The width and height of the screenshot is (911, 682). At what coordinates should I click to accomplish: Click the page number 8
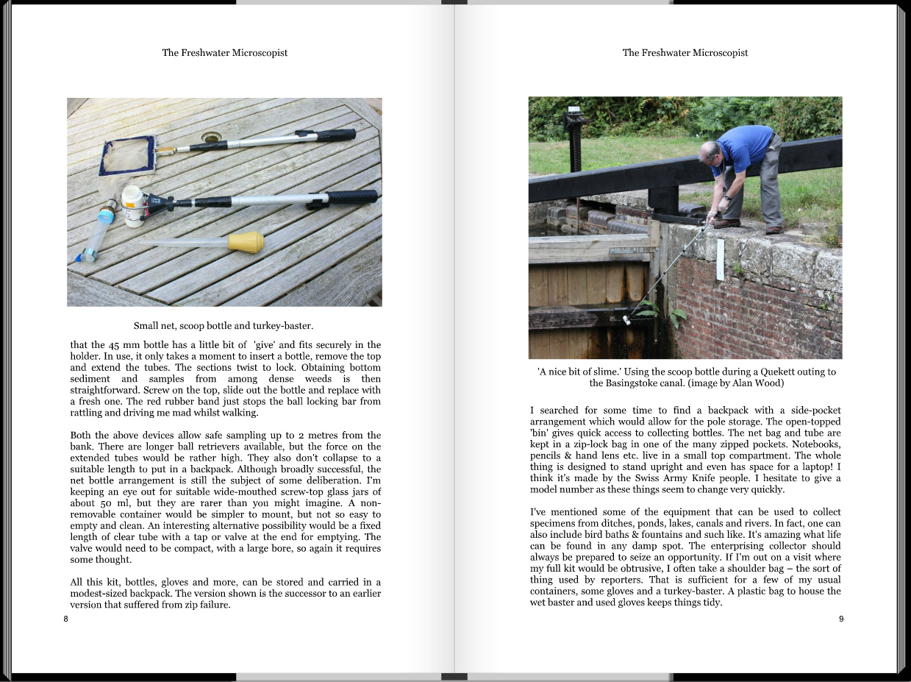(x=65, y=619)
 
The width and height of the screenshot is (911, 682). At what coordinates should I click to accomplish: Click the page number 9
(x=841, y=619)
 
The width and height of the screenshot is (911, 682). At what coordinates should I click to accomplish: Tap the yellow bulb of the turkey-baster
(x=246, y=242)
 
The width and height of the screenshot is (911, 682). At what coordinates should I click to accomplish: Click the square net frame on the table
(x=129, y=156)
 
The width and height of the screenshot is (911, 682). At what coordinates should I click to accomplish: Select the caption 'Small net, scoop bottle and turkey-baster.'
(x=224, y=325)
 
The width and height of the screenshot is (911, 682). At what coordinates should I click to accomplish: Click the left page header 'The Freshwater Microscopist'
(x=224, y=53)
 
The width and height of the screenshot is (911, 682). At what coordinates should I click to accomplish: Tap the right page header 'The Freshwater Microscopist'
(x=685, y=53)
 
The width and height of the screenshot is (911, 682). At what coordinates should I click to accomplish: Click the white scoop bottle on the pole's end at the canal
(x=627, y=320)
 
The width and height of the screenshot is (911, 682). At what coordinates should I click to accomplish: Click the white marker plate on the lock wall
(x=720, y=259)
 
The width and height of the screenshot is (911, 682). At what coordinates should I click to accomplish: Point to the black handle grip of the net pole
(x=337, y=135)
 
